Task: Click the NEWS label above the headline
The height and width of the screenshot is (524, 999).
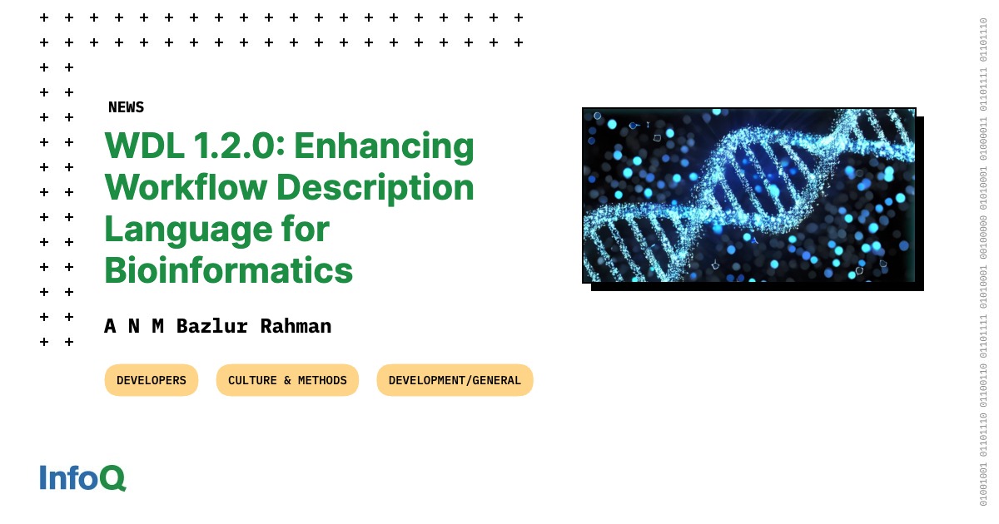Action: (x=127, y=107)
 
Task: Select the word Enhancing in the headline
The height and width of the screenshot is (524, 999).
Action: (x=384, y=146)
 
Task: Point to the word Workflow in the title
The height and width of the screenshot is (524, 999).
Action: (x=186, y=187)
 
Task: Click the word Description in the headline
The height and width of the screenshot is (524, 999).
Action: (x=375, y=188)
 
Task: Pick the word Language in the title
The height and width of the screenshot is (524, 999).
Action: (x=188, y=230)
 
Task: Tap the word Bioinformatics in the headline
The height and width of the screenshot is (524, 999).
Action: (x=229, y=270)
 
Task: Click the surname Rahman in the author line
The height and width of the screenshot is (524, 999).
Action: (x=296, y=327)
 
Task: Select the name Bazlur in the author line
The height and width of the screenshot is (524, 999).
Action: (x=211, y=327)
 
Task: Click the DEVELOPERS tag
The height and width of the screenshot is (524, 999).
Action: (x=152, y=380)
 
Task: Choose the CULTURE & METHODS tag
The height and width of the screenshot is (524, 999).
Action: (x=287, y=380)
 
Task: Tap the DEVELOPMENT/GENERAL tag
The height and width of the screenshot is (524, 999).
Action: (x=455, y=380)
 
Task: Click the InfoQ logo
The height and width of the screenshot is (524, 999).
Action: (x=82, y=477)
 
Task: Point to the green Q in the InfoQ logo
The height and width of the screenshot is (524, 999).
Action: (x=112, y=478)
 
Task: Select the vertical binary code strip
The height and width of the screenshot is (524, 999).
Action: (x=983, y=261)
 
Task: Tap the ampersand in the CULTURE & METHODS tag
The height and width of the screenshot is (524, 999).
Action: (x=287, y=380)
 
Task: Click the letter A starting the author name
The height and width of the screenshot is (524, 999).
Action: (x=110, y=327)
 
